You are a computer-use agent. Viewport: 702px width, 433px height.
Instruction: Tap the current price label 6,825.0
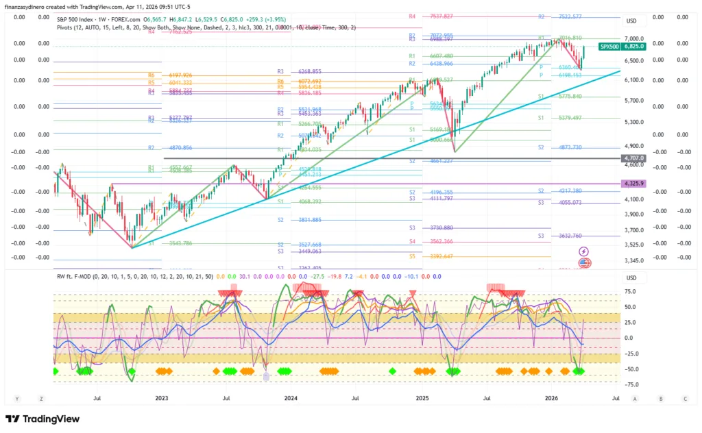coord(633,47)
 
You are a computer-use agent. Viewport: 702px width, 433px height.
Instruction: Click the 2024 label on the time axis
coord(291,397)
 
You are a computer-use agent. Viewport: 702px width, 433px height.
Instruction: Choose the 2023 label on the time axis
coord(161,397)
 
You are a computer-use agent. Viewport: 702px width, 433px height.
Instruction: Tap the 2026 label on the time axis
coord(553,397)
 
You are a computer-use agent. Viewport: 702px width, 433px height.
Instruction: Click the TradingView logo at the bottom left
coord(43,419)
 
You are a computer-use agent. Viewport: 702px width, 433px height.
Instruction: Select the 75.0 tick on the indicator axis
coord(629,291)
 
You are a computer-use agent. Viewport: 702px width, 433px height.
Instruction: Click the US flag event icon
coord(584,262)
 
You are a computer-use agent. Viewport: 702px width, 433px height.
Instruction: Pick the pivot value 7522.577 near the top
coord(569,16)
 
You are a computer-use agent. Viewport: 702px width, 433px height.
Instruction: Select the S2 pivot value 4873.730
coord(569,147)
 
